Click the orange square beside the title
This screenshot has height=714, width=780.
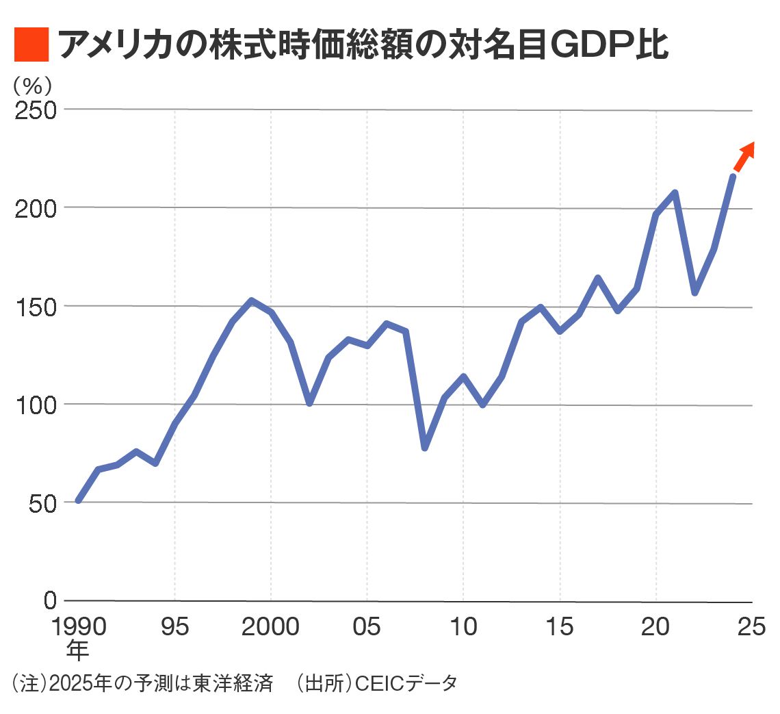tap(31, 44)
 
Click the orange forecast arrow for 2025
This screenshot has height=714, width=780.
tap(744, 156)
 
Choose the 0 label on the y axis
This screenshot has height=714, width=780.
tap(50, 600)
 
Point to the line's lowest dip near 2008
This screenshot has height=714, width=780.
tap(425, 448)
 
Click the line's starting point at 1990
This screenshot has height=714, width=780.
tap(79, 500)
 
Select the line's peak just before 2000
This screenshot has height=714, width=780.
tap(252, 301)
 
